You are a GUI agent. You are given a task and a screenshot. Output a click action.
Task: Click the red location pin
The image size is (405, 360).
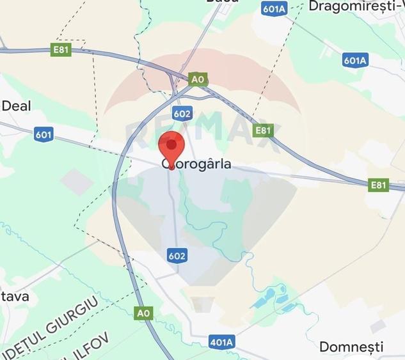[171, 146]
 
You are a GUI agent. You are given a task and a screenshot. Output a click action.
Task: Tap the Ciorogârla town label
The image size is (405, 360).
[196, 164]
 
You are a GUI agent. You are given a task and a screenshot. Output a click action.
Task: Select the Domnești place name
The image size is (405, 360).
[351, 347]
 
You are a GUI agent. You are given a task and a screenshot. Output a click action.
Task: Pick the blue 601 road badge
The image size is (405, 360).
[44, 134]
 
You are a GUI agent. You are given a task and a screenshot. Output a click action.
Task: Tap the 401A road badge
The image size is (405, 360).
[221, 342]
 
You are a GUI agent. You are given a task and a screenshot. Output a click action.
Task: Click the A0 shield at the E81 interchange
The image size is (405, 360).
[198, 79]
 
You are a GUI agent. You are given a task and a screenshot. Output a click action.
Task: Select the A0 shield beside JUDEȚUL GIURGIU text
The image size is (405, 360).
[144, 313]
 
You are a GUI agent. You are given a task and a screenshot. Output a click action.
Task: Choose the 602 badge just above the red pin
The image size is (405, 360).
[182, 113]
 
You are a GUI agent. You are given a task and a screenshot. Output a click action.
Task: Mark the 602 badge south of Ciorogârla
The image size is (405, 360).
[177, 256]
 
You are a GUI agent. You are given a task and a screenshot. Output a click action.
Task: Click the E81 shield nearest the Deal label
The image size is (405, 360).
[61, 49]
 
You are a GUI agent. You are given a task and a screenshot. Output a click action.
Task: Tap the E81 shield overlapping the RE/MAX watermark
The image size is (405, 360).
[263, 130]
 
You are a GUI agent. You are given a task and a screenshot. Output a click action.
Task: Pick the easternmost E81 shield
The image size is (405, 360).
[379, 185]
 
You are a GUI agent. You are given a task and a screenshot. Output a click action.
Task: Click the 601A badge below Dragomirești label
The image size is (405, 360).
[354, 60]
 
